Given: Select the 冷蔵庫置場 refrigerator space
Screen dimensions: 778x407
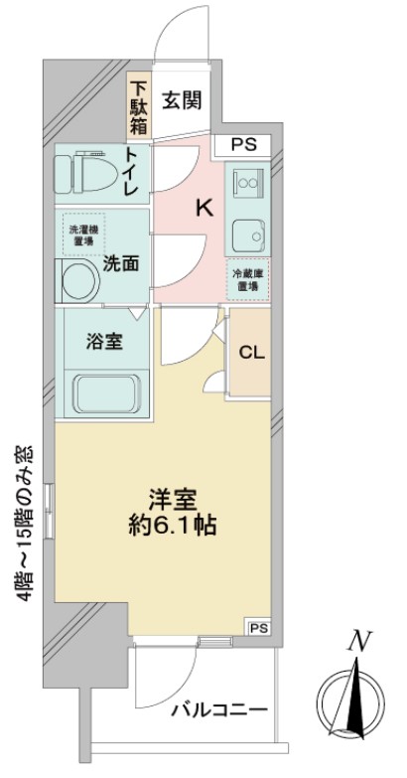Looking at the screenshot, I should pos(245,280).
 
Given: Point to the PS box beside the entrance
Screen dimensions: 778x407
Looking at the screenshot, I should pos(243,144).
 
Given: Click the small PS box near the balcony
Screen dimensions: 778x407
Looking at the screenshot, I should pos(258,628).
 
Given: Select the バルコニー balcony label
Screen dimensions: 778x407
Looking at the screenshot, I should pos(218,710).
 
